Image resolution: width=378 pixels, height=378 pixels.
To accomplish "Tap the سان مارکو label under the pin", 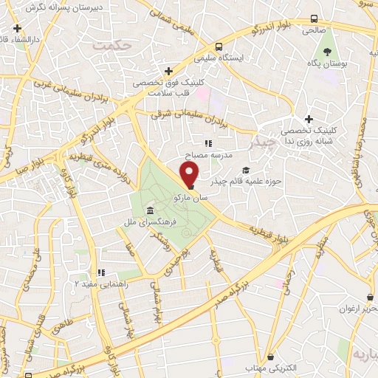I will pos(191,199).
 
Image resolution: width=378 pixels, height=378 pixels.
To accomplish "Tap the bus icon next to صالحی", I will pos(315,18).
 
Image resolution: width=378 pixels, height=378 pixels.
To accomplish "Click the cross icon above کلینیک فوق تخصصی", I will pos(169,72).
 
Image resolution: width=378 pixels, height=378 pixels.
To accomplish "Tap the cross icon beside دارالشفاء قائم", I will pos(17,27).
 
